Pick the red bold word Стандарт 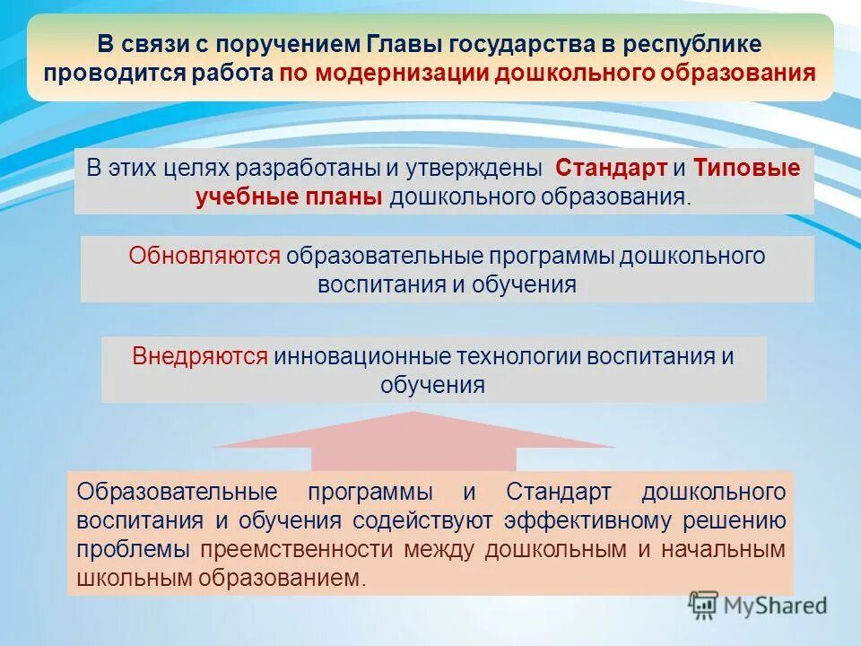click(611, 168)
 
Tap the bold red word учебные click(239, 197)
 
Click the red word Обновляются click(204, 256)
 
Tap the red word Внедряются click(200, 356)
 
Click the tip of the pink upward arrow click(413, 414)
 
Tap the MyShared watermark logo click(758, 605)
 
